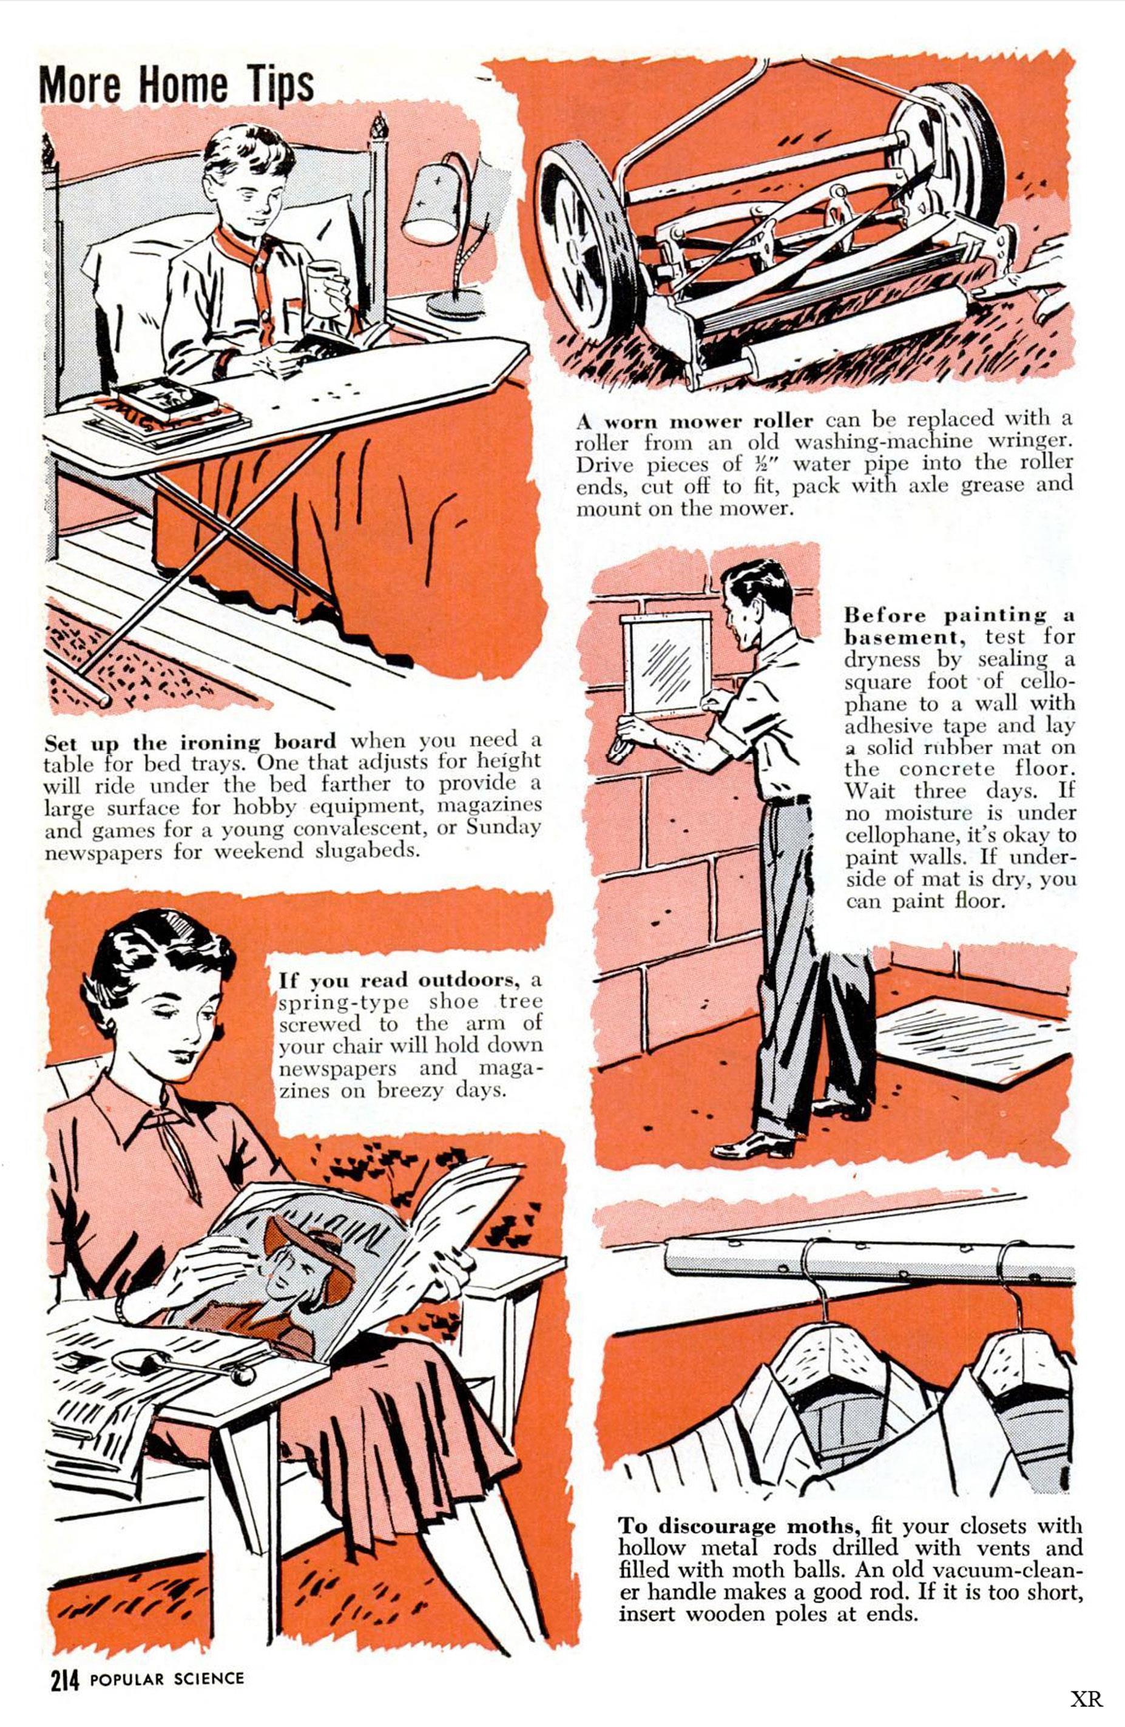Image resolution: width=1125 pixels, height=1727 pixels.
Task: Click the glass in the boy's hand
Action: (325, 290)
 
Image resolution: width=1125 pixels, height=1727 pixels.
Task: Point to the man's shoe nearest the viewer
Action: (752, 1146)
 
